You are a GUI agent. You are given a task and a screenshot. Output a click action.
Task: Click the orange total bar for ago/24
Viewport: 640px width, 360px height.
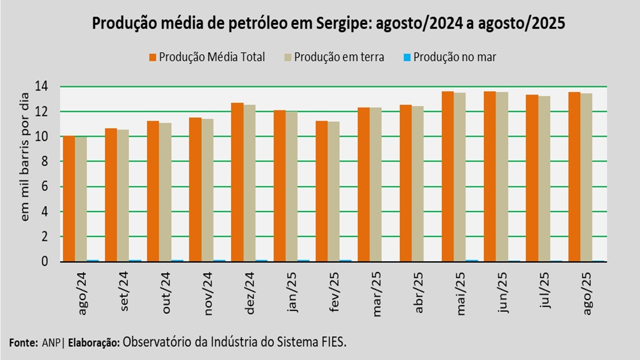(x=68, y=198)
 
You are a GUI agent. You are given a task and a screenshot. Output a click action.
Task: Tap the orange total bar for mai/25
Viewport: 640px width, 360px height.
(x=447, y=176)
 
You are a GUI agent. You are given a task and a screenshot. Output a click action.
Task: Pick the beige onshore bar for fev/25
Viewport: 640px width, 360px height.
(x=333, y=191)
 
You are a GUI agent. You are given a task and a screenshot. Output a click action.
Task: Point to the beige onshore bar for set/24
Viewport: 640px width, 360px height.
(x=122, y=195)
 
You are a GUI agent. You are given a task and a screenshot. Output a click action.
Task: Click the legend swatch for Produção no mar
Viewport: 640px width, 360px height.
(x=406, y=57)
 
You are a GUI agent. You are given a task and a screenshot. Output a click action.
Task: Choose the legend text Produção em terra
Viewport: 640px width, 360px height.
(x=339, y=57)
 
